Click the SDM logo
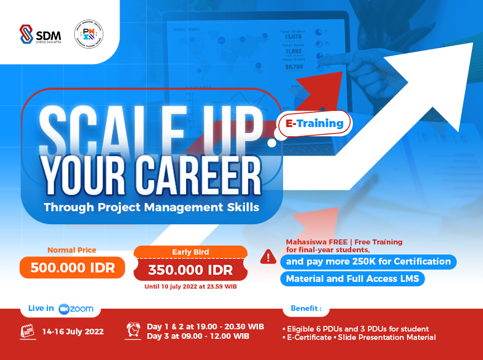pos(40,34)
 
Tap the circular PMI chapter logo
pos(89,34)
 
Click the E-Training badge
pos(315,123)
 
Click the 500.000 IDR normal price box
pos(73,267)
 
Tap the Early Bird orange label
pos(190,252)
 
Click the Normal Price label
pos(71,250)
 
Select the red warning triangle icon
pos(268,257)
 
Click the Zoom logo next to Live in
pos(76,309)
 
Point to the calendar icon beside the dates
pos(28,332)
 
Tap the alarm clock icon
pos(134,330)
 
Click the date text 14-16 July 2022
pos(73,332)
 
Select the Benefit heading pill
pos(305,308)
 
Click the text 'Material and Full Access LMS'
pos(352,279)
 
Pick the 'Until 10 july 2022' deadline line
pos(190,287)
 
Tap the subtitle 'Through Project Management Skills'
pos(151,207)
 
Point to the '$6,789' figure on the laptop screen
pos(294,67)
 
